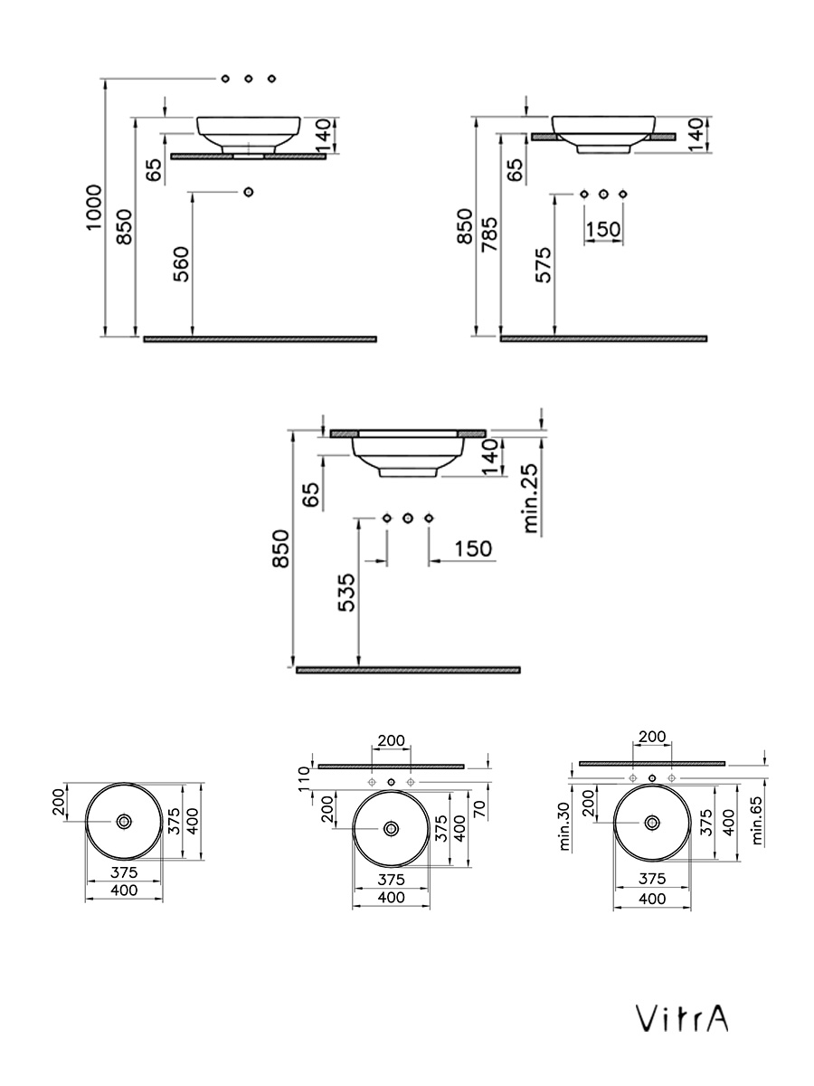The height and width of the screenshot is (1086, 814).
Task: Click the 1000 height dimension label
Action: coord(93,208)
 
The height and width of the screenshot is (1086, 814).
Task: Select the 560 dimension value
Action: coord(181,264)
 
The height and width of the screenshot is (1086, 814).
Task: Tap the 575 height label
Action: coord(543,264)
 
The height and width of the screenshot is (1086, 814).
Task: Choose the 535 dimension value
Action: coord(347,593)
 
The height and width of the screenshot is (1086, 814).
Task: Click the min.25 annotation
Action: coord(531,497)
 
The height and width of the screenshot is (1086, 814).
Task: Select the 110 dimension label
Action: coord(305,778)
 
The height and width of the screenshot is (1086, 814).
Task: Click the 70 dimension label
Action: coord(479,809)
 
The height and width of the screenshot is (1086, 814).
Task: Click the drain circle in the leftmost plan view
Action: coord(124,821)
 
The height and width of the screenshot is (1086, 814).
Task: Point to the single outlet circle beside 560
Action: coord(250,192)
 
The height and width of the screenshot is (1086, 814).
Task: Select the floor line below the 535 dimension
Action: coord(408,670)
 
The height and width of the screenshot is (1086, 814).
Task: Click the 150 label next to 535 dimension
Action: coord(473,548)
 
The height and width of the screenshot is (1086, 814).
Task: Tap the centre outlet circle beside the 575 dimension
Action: coord(603,194)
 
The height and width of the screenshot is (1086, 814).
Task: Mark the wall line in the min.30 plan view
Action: coord(651,763)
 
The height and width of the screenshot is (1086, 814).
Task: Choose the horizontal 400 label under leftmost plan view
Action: coord(124,891)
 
